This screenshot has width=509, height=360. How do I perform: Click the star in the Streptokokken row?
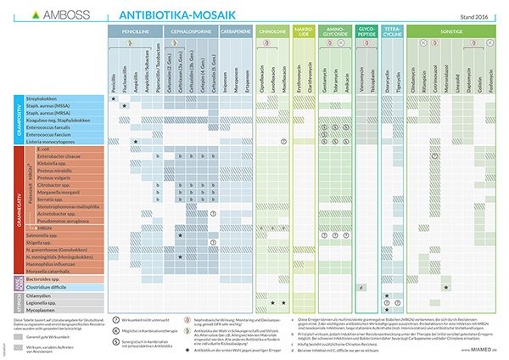coord(114,99)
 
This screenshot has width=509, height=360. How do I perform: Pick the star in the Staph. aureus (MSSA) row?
coord(125,106)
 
